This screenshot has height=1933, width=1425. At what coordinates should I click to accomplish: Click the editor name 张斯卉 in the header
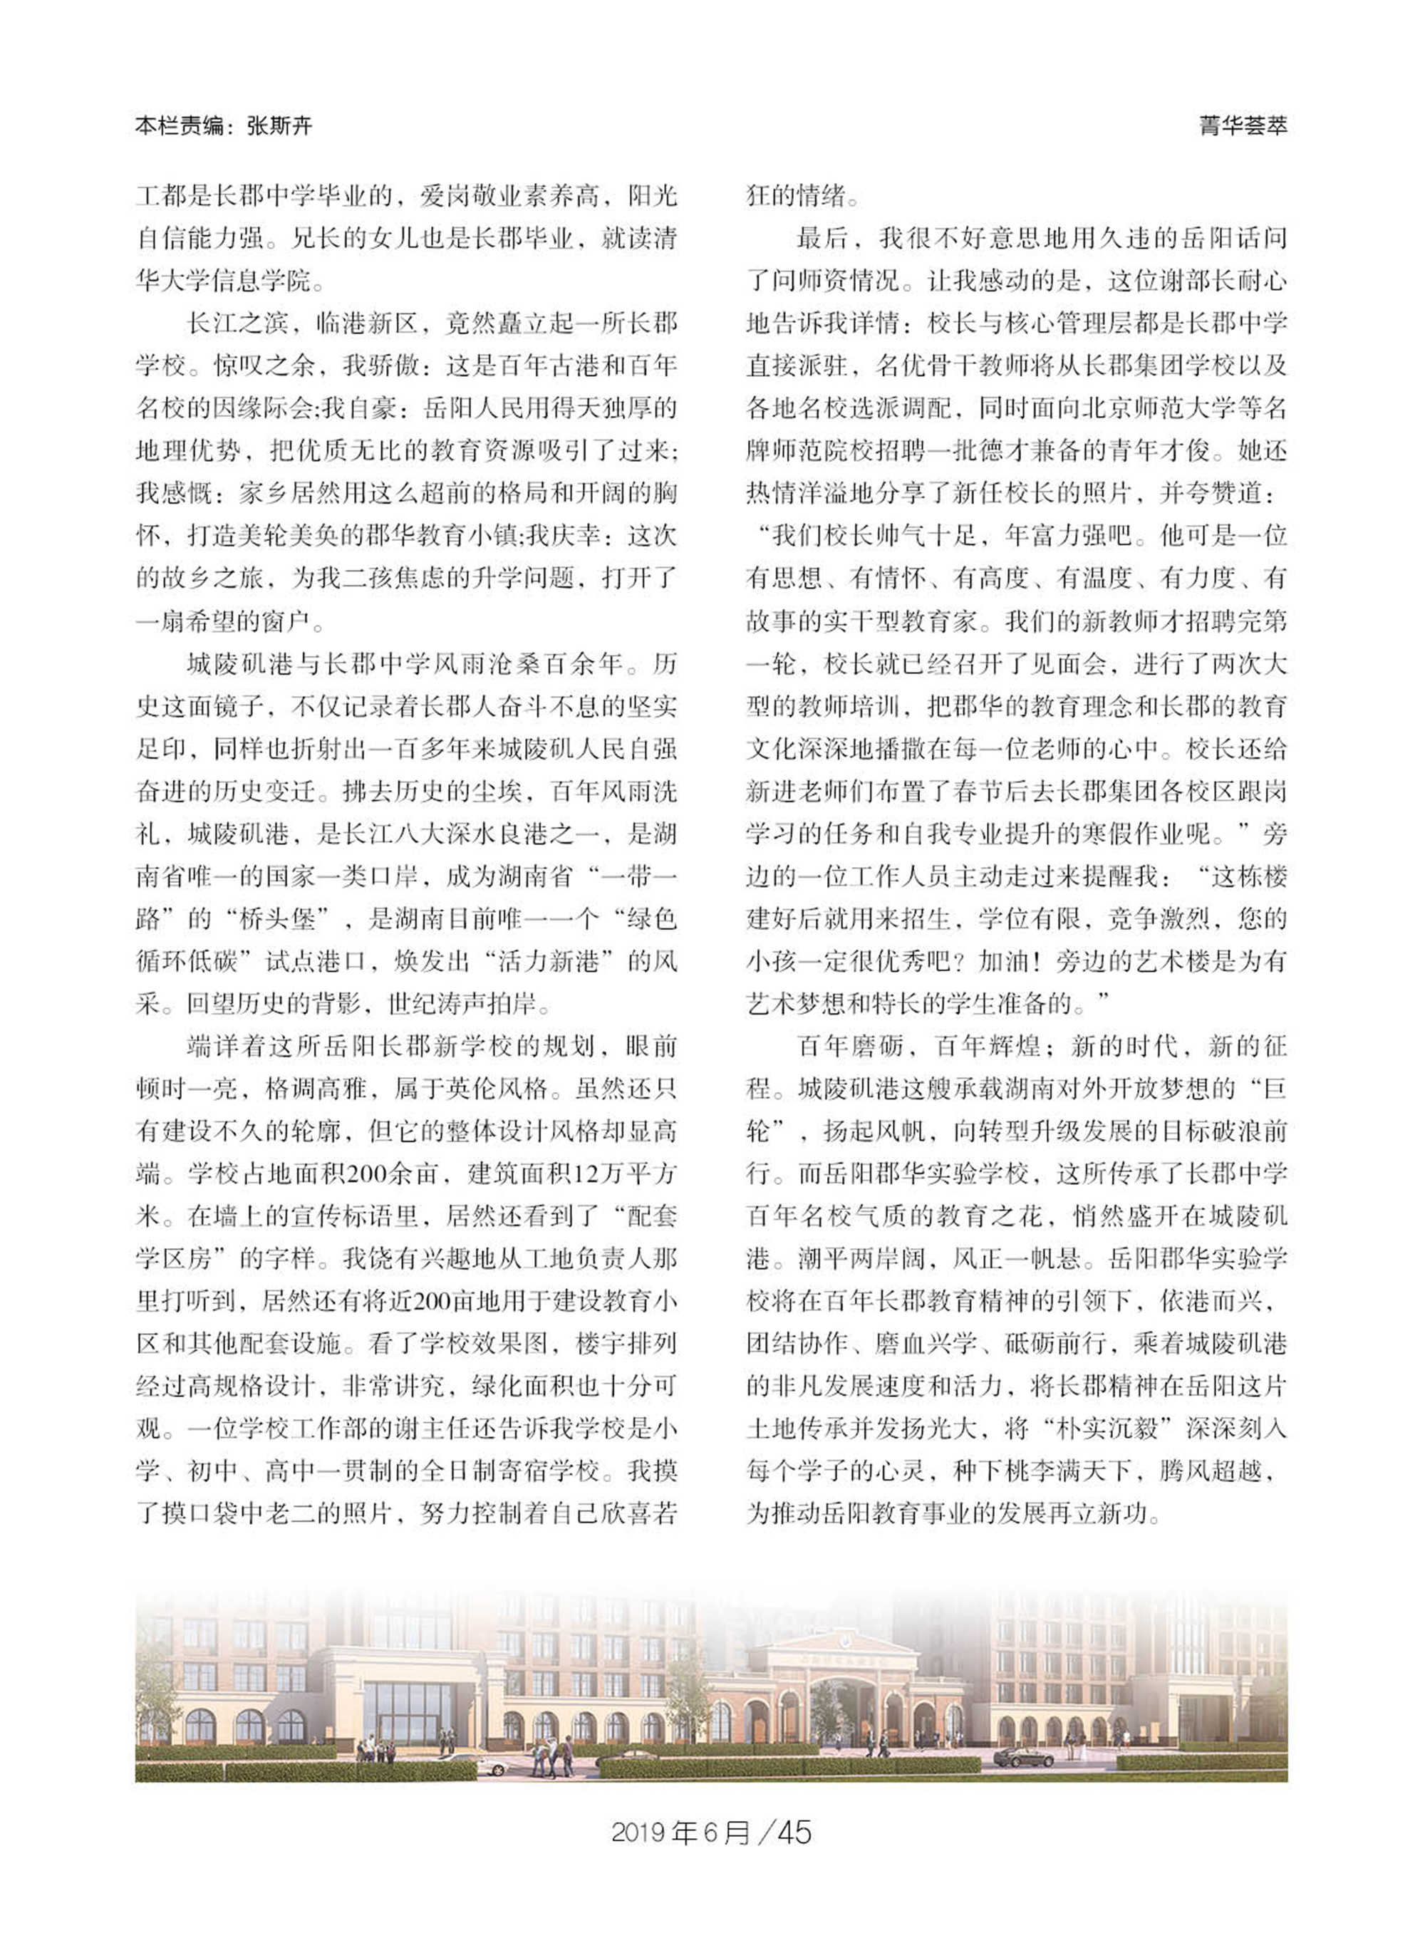[x=279, y=127]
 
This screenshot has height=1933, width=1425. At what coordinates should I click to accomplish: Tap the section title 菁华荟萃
[x=1243, y=126]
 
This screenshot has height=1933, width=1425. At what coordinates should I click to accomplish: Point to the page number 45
[x=794, y=1831]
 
